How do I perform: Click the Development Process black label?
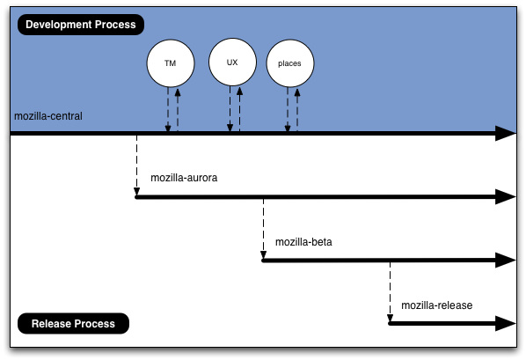[x=81, y=25]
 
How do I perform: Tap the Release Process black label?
[x=73, y=323]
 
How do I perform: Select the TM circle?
[x=171, y=63]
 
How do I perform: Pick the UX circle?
[x=232, y=62]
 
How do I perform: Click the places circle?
[x=290, y=63]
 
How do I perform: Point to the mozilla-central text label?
[x=48, y=116]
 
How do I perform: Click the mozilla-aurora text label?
[x=184, y=178]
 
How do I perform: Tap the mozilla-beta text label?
[x=303, y=242]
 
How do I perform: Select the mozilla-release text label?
[x=437, y=305]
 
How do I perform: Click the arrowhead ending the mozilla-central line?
[x=506, y=133]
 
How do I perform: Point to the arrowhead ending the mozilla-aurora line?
[x=506, y=197]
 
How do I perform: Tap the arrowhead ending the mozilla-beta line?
[x=506, y=261]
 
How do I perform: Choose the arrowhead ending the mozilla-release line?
[x=506, y=323]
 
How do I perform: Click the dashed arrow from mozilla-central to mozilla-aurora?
[x=137, y=165]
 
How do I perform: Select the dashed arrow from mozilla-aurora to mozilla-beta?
[x=263, y=229]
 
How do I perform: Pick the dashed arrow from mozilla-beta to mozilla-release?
[x=390, y=292]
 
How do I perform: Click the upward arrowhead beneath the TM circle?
[x=178, y=92]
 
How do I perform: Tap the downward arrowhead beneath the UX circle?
[x=230, y=128]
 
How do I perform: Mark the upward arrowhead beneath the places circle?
[x=297, y=92]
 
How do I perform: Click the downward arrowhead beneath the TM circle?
[x=168, y=128]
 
